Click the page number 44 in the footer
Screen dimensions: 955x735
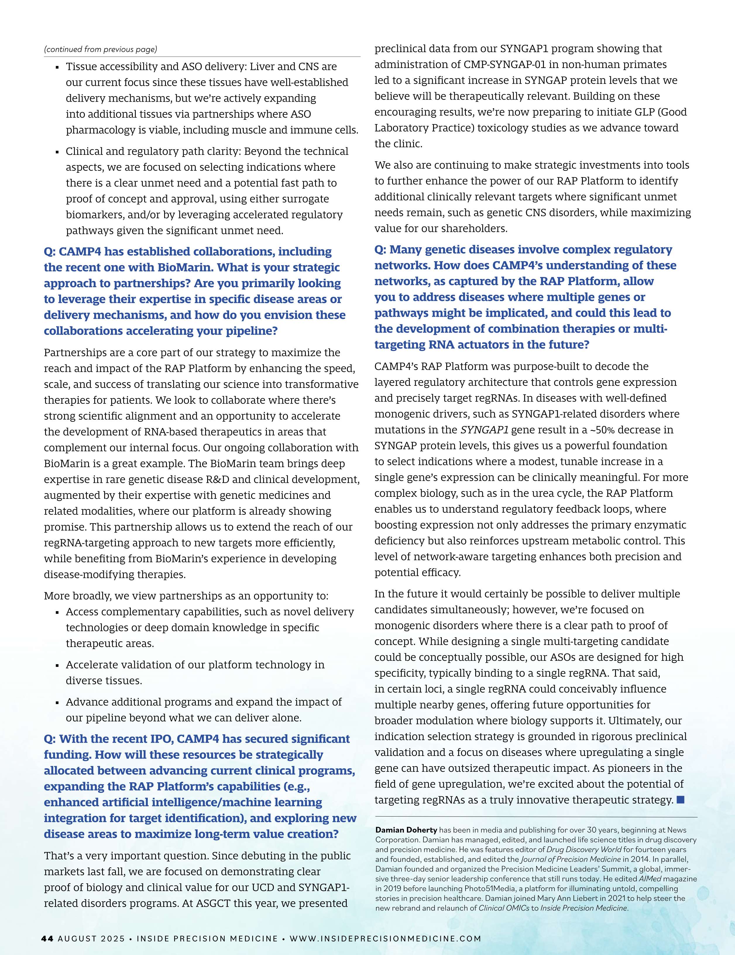point(47,938)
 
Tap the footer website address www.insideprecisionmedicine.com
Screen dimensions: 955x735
point(385,938)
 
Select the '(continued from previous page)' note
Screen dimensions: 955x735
point(100,49)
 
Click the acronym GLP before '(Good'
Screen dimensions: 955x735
point(642,112)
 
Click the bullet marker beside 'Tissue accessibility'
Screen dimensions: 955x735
point(57,68)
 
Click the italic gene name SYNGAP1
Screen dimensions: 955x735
point(485,430)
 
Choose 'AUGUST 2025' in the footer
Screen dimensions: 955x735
point(91,938)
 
